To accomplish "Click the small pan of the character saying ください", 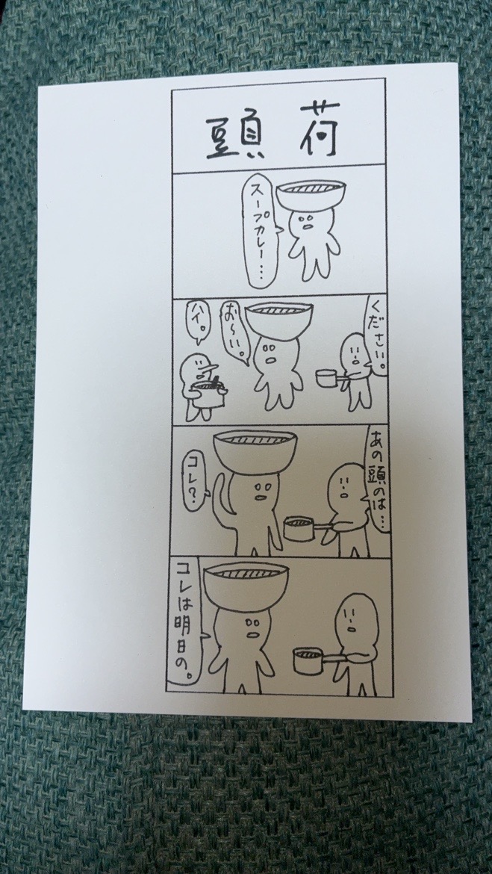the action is (x=328, y=377).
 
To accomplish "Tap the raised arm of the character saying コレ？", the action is (x=222, y=496).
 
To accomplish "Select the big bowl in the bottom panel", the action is (x=246, y=585).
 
